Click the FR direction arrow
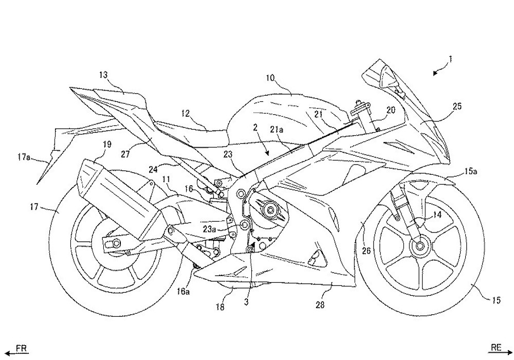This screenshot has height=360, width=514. [x=17, y=353]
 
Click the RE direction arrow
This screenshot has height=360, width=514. [x=499, y=353]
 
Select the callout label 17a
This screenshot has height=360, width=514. [x=24, y=158]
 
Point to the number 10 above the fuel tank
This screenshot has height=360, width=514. [x=270, y=78]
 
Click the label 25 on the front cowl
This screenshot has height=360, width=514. [x=457, y=106]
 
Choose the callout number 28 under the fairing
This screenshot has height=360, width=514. [x=320, y=305]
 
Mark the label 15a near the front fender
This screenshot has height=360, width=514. [x=470, y=171]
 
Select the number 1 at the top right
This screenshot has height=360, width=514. [x=450, y=59]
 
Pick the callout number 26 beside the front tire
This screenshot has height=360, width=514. [x=366, y=251]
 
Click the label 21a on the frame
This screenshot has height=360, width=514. [x=277, y=130]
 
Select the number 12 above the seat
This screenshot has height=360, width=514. [x=185, y=114]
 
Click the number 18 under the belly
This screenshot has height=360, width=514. [x=220, y=307]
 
